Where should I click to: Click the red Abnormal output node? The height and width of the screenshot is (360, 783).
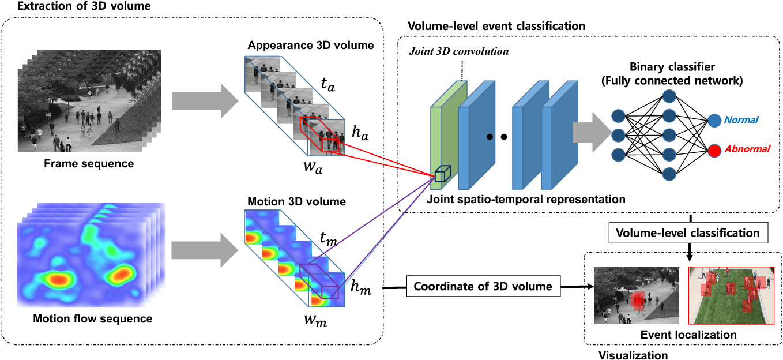point(714,151)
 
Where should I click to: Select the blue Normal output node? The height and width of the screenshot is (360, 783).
point(714,121)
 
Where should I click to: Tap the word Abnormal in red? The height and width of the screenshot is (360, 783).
point(747,149)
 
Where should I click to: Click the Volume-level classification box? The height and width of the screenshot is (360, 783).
point(688,232)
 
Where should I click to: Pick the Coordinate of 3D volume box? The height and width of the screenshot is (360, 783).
point(483,286)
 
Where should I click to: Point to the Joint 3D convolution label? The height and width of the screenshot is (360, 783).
point(459,51)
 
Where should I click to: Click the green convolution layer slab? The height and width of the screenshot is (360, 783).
point(449,135)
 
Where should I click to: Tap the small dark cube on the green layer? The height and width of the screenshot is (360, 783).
point(443,174)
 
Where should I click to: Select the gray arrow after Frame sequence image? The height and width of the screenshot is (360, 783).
point(205,101)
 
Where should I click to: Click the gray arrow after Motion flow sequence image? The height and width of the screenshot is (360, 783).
point(205,250)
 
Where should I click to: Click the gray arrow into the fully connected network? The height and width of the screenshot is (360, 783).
point(592,132)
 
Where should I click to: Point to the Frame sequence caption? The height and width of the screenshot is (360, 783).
point(89,163)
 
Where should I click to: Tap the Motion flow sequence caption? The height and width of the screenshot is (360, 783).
point(93,318)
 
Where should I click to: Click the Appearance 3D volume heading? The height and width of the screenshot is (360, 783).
point(311,46)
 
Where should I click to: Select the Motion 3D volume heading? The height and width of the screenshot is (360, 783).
point(297,201)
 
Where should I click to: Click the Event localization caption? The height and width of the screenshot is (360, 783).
point(688,335)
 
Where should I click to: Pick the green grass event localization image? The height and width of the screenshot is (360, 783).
point(731,295)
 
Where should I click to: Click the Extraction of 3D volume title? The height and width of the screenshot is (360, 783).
point(84,6)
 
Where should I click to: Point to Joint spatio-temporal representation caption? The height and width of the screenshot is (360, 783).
point(526,200)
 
